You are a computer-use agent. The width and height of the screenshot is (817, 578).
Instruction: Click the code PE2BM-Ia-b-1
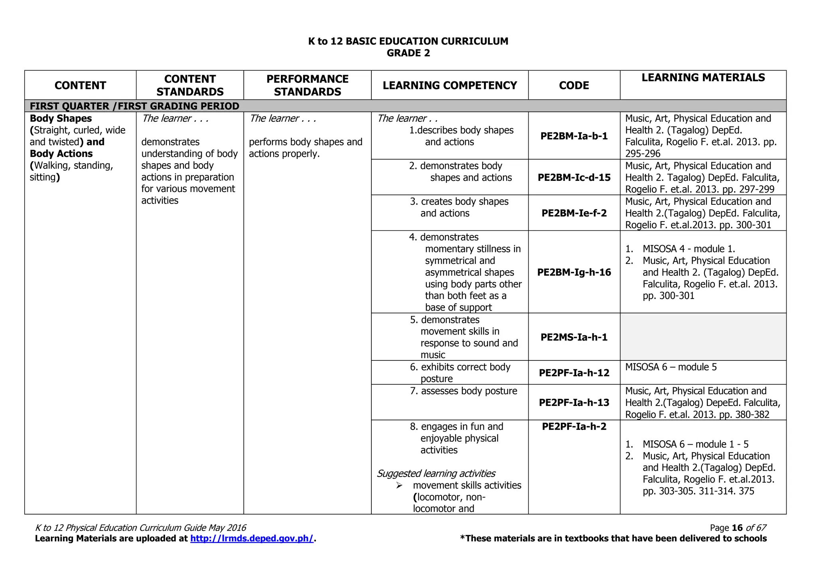(574, 136)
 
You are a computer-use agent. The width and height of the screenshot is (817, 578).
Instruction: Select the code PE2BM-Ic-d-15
(574, 178)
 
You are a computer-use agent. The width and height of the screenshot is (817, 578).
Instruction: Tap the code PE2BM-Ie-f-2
(574, 213)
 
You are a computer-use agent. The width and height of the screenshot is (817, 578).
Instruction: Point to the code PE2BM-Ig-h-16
(574, 272)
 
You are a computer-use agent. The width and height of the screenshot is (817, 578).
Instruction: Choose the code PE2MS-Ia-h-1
(574, 337)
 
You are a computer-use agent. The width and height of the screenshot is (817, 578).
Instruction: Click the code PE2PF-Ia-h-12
(574, 373)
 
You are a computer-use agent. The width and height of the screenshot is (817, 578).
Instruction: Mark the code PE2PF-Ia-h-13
(574, 402)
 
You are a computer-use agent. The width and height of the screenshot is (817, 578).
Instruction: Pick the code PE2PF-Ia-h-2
(574, 426)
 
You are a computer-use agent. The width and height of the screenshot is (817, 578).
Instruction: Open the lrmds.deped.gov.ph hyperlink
(252, 538)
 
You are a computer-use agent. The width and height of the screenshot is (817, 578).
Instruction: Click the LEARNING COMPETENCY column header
(450, 85)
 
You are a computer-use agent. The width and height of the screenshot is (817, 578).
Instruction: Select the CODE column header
(574, 85)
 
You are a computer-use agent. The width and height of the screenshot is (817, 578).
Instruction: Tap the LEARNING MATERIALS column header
(703, 78)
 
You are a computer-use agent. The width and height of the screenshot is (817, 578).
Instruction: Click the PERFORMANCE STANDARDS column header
(307, 85)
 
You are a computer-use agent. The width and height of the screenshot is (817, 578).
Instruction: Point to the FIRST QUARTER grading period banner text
(134, 106)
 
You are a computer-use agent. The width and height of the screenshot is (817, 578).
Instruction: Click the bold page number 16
(737, 528)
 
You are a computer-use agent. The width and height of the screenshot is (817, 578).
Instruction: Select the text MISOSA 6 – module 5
(671, 367)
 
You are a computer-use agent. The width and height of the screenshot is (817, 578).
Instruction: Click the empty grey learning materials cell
(703, 337)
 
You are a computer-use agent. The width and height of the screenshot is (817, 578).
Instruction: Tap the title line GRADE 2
(408, 53)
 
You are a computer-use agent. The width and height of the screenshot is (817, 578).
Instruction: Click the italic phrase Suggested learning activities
(436, 473)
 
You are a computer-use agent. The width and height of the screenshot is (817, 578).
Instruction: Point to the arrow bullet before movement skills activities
(399, 485)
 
